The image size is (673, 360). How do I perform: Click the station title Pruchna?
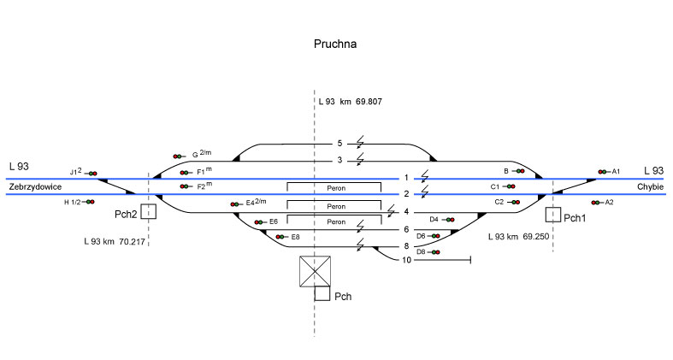334,43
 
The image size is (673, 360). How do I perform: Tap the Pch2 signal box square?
149,211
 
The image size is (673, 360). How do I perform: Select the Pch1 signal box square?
552,215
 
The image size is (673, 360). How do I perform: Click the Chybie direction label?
649,186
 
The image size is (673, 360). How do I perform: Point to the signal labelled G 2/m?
179,156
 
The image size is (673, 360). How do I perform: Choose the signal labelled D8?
435,252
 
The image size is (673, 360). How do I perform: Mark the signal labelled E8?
280,236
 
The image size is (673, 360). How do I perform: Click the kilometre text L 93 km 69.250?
517,235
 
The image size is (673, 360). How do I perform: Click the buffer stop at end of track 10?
470,259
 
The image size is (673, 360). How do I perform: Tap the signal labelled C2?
515,203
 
